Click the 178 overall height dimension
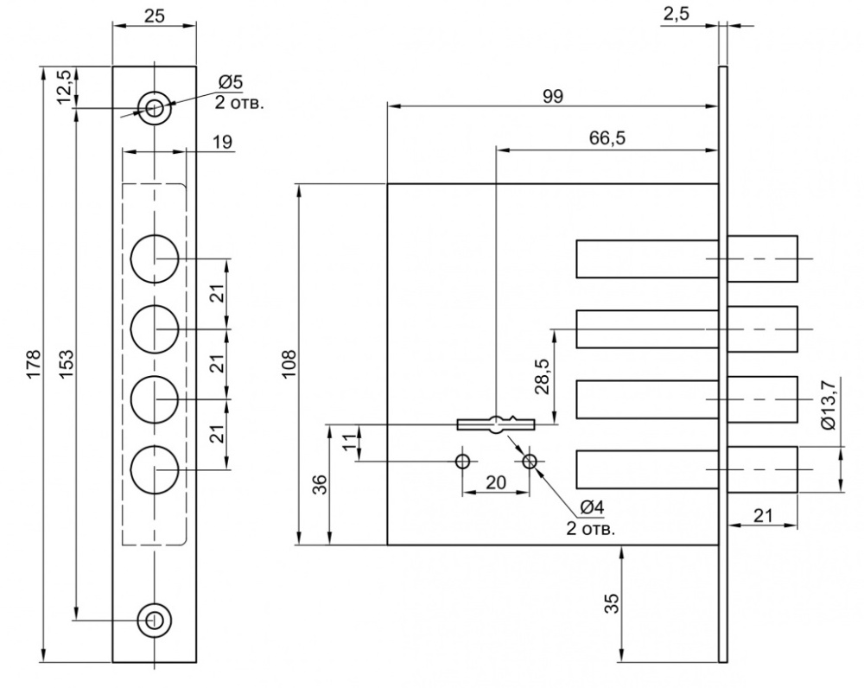[x=33, y=364]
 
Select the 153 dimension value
[x=67, y=364]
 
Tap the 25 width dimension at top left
[x=155, y=16]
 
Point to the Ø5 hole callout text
[x=231, y=83]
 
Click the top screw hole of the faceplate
[x=155, y=108]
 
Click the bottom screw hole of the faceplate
[x=155, y=620]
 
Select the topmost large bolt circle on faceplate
[x=155, y=258]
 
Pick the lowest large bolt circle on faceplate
[x=155, y=469]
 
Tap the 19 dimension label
[x=222, y=142]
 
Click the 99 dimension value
[x=553, y=97]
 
